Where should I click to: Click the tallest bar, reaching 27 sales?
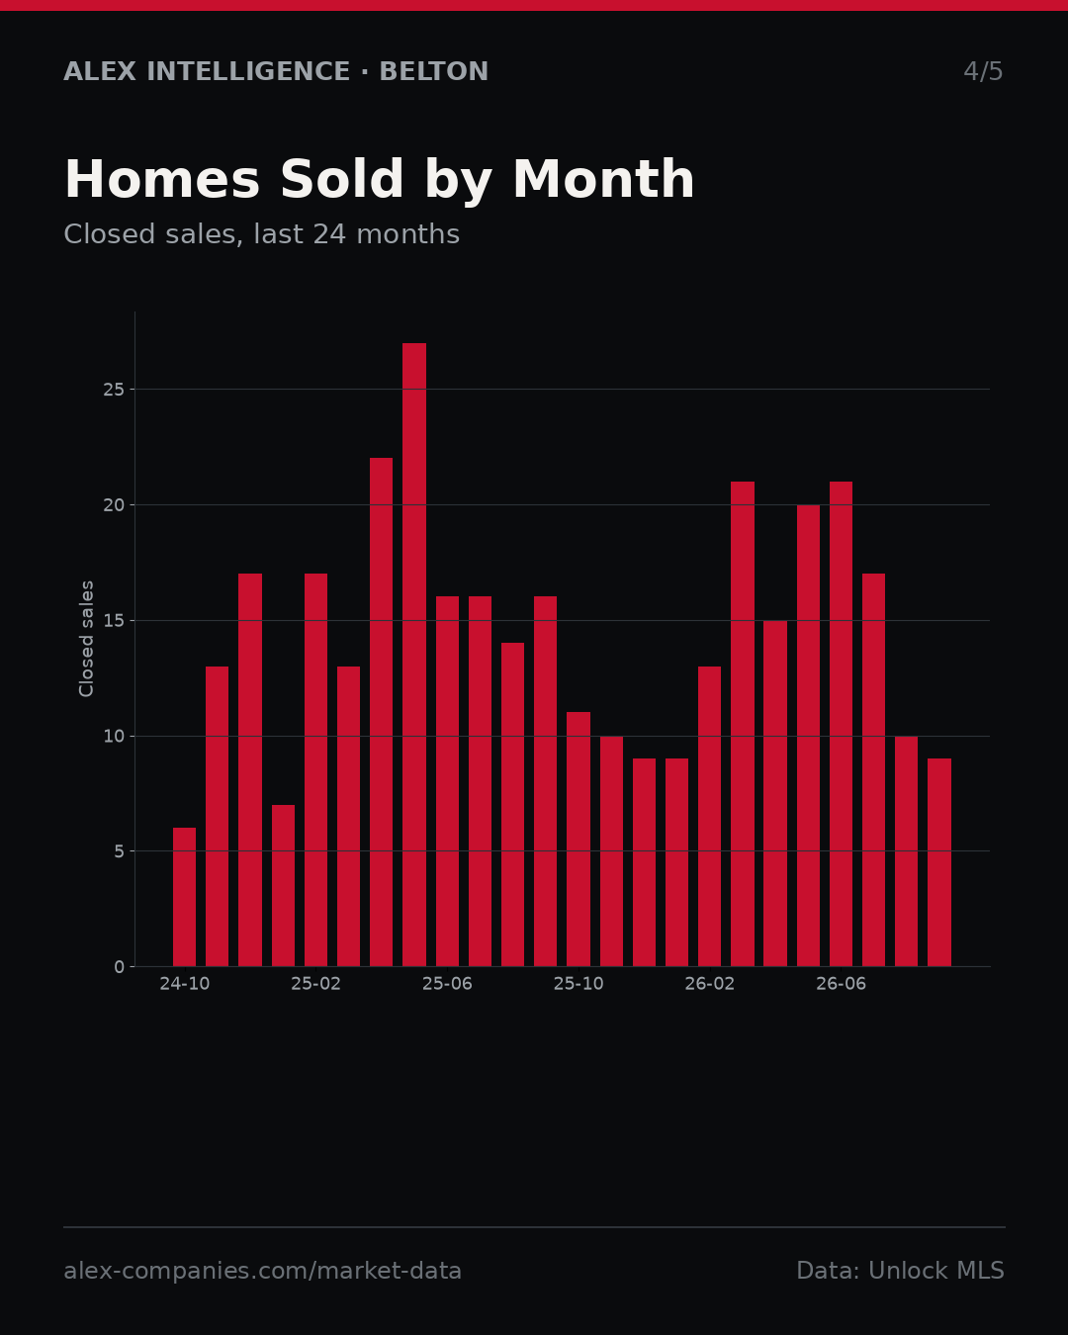coord(414,655)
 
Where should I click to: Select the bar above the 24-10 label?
coord(184,897)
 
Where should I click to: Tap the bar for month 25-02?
coord(315,770)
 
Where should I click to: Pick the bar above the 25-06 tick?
coord(447,781)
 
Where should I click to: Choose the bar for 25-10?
coord(578,840)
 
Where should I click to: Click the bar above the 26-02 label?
coord(709,817)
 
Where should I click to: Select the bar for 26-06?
coord(841,724)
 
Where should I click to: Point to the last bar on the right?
coord(939,862)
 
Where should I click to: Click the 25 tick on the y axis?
coord(114,390)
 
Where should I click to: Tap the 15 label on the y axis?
coord(114,620)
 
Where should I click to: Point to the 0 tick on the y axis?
coord(119,967)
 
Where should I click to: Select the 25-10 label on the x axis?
coord(578,984)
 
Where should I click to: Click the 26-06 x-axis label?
coord(841,984)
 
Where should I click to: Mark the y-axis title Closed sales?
coord(87,639)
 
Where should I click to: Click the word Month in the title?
coord(603,179)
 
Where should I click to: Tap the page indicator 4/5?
coord(983,71)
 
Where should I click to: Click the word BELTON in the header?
coord(434,71)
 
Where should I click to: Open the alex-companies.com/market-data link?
coord(262,1271)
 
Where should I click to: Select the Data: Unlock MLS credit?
coord(901,1271)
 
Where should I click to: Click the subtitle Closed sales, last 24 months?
coord(262,234)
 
